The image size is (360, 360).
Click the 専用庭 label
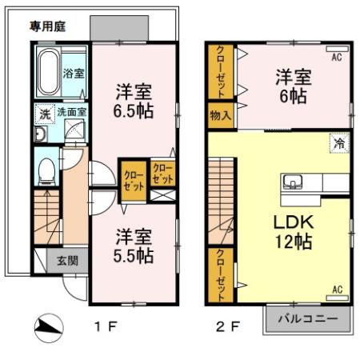click(x=47, y=26)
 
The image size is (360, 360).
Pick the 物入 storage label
click(x=220, y=115)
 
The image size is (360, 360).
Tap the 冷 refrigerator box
click(x=339, y=144)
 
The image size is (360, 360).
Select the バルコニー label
click(x=307, y=319)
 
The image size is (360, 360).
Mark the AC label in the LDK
click(x=337, y=289)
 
